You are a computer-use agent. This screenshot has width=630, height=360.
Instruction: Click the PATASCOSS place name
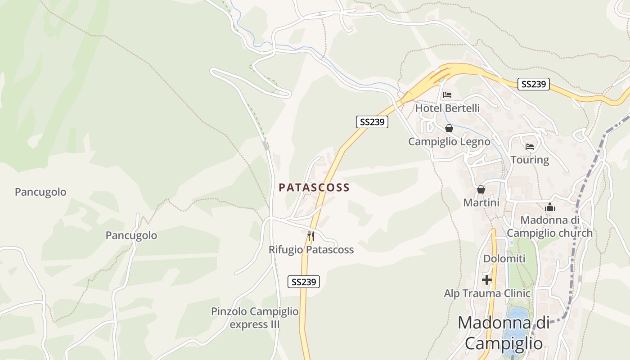[314, 188]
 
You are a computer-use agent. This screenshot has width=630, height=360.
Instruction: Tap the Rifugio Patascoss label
[311, 250]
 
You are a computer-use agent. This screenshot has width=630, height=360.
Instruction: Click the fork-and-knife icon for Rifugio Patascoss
[310, 236]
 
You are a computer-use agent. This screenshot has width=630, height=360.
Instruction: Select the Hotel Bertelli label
[447, 108]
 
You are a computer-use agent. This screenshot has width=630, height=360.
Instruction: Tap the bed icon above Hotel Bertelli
[447, 95]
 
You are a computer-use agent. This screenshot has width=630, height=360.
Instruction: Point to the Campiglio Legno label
[449, 142]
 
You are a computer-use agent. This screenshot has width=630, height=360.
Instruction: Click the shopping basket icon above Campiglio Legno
[449, 129]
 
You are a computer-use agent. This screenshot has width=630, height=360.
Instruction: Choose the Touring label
[530, 160]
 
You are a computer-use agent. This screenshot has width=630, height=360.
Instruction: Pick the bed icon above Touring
[530, 147]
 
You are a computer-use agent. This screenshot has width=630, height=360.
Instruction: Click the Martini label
[481, 203]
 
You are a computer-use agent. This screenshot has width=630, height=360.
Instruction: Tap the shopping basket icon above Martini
[481, 189]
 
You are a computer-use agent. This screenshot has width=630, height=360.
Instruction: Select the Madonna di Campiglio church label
[549, 227]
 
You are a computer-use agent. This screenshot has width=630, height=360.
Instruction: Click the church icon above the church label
[549, 207]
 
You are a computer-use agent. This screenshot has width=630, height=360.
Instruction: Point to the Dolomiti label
[504, 259]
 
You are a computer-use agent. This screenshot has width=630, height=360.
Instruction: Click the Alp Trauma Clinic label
[487, 293]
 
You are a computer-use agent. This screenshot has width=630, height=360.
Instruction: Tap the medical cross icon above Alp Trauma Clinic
[486, 280]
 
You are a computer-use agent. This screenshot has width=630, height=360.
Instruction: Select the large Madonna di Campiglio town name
[504, 333]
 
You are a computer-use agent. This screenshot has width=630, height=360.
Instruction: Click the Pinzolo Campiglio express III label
[255, 318]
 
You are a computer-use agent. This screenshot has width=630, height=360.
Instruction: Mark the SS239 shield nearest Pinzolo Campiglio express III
[304, 282]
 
